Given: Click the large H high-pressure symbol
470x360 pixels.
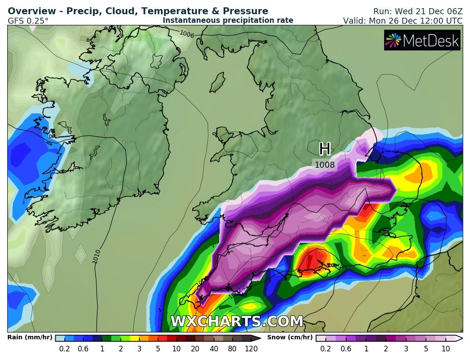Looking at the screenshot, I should (325, 149).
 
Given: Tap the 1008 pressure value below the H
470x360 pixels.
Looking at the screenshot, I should (325, 165).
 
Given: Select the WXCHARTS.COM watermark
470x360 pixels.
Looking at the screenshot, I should (237, 322).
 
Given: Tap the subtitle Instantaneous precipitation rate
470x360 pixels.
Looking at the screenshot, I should (228, 20).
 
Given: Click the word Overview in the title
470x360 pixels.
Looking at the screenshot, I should (30, 11).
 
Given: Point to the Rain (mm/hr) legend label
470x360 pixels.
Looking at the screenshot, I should (30, 338).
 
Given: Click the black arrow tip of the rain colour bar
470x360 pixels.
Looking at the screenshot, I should (256, 338).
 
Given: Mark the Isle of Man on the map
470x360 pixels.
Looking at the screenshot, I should (220, 80).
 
